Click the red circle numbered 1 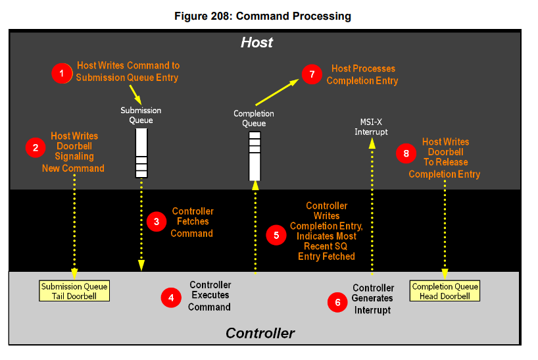pos(62,73)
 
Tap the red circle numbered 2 pos(35,147)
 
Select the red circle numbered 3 pos(157,222)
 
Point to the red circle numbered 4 pos(171,297)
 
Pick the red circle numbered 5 pos(276,234)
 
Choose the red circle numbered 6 pos(337,302)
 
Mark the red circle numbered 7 pos(311,74)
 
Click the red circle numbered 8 pos(406,153)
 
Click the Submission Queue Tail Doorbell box pos(74,291)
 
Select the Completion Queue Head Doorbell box pos(445,291)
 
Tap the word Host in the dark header pos(257,43)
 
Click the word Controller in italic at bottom pos(260,333)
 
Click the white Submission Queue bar pos(141,153)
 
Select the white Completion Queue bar pos(255,156)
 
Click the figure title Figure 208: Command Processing pos(262,15)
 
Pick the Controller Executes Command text pos(210,296)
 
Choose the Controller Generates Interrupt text pos(373,299)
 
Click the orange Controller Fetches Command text pos(192,222)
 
